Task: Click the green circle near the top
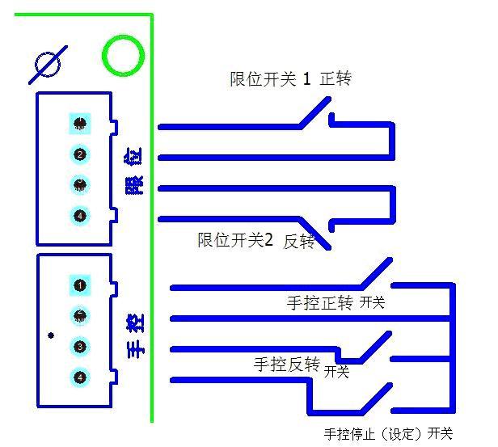click(123, 56)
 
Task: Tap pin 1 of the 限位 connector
click(80, 123)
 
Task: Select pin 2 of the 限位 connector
click(80, 154)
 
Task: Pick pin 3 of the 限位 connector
click(80, 185)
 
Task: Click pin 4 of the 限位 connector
click(80, 216)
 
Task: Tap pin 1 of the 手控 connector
click(80, 285)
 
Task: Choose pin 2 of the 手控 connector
click(80, 315)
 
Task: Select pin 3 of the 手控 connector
click(80, 347)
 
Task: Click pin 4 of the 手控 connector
click(80, 377)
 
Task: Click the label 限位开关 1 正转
click(290, 79)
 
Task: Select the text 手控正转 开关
click(336, 304)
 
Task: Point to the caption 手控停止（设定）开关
click(388, 434)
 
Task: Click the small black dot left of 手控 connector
click(51, 335)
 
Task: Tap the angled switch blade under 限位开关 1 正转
click(315, 112)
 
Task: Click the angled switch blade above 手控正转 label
click(375, 273)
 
